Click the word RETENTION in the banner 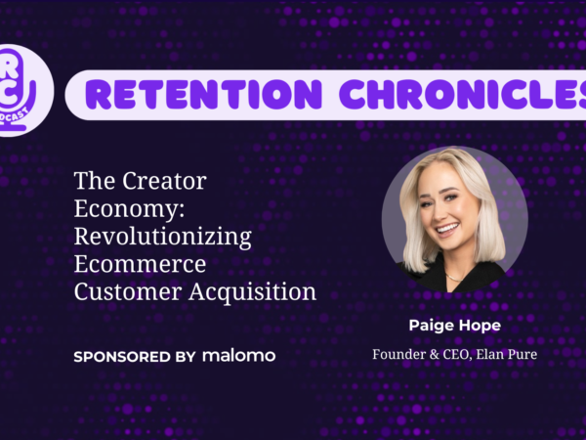[x=204, y=94]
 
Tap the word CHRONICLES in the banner [x=463, y=94]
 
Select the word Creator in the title [x=164, y=181]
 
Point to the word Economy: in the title [x=129, y=209]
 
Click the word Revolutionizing [x=163, y=237]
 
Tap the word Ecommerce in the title [x=140, y=264]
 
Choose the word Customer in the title [x=128, y=291]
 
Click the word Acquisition [x=253, y=292]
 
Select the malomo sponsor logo [x=239, y=355]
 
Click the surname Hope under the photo [x=480, y=326]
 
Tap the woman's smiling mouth [x=448, y=229]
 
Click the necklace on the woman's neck [x=454, y=278]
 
